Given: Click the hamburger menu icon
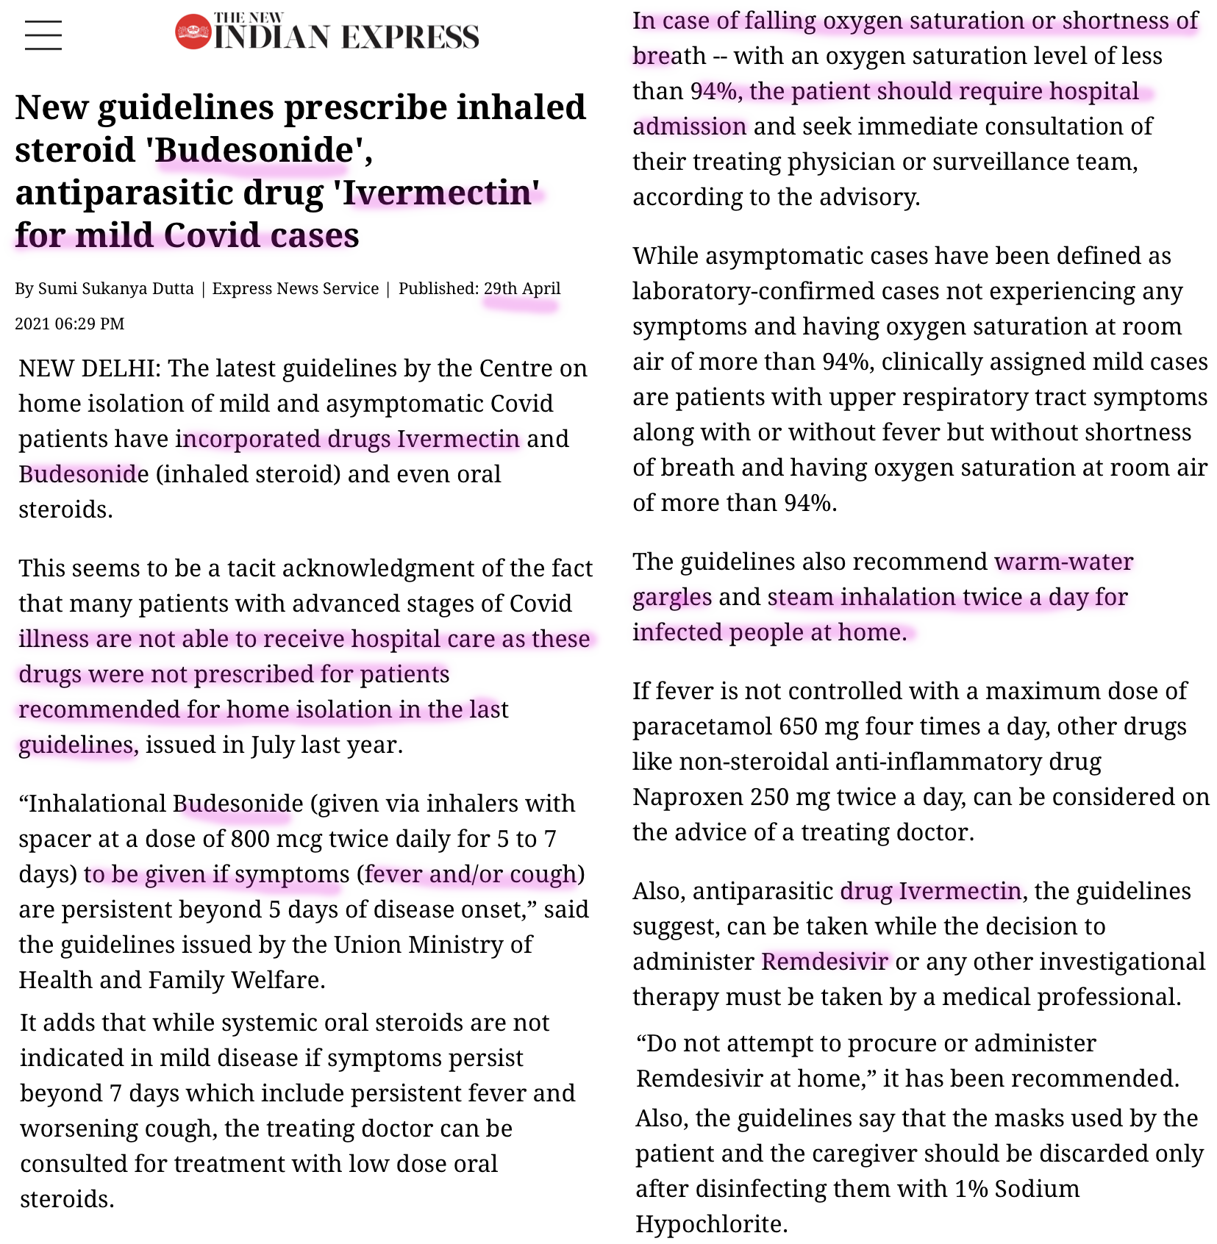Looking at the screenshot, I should [43, 35].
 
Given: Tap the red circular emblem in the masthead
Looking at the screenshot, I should [193, 32].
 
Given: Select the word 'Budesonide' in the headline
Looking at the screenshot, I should [254, 150].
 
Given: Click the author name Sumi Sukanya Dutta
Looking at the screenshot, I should [115, 288].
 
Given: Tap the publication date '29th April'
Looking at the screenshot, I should [522, 288].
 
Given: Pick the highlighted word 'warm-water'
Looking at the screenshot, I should [1064, 562].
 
